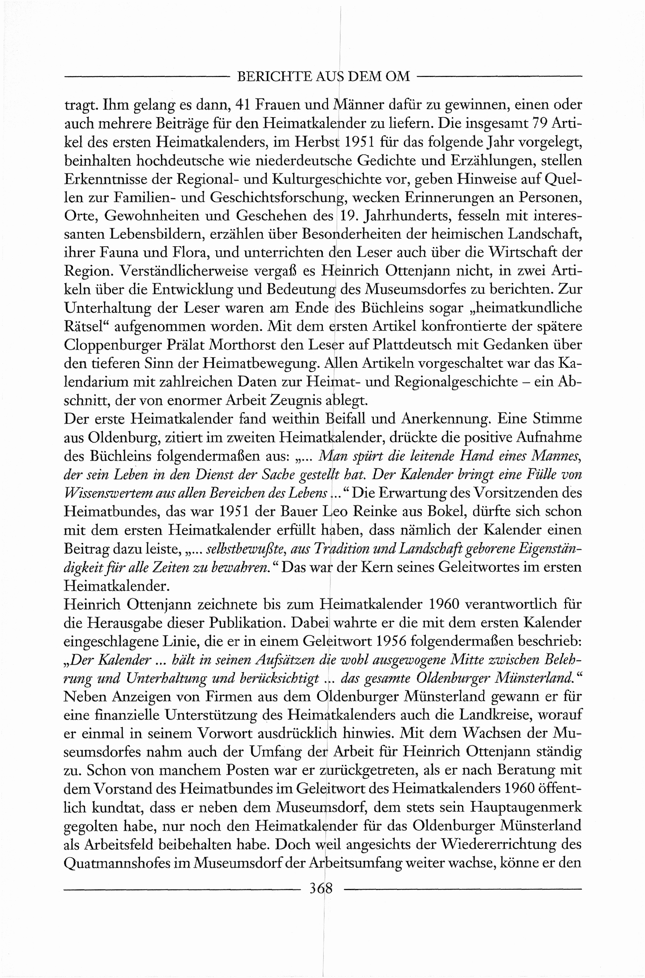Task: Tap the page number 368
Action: click(x=320, y=889)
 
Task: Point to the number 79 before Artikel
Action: click(x=541, y=123)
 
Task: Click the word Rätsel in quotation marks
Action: click(x=86, y=327)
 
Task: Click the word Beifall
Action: click(x=346, y=419)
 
